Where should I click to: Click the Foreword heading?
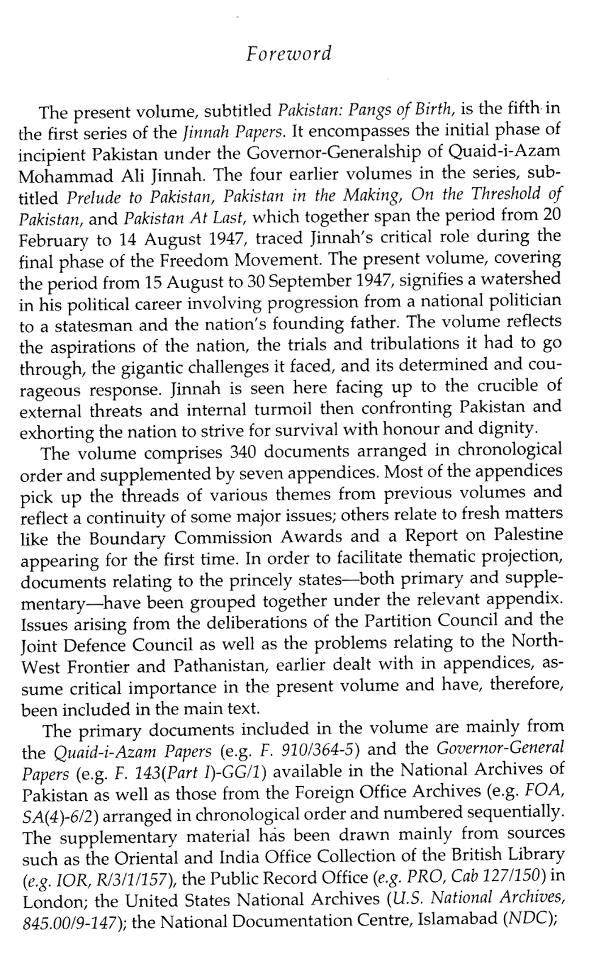point(288,54)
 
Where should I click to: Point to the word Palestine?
point(529,536)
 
